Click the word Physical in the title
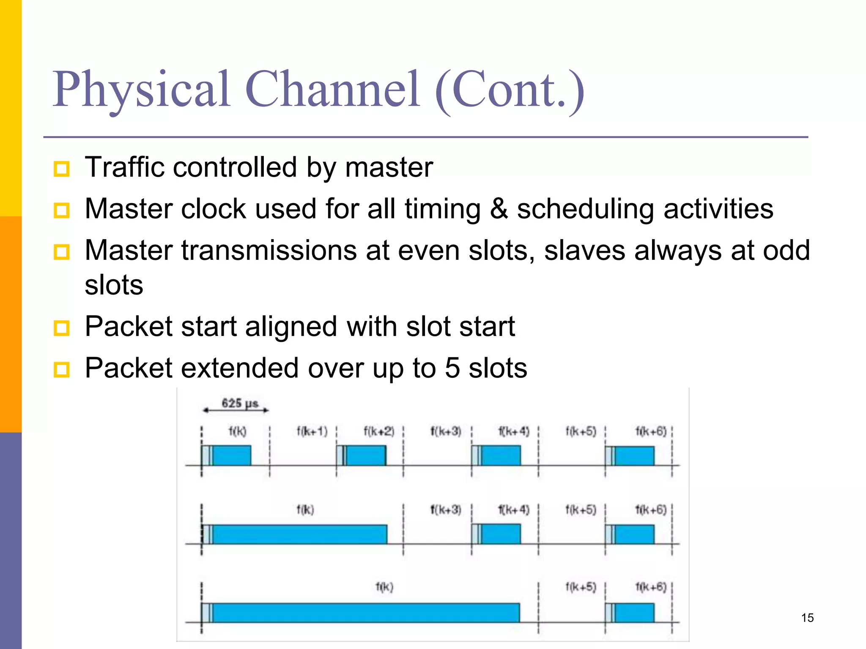click(142, 90)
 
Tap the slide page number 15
click(807, 618)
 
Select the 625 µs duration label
click(240, 403)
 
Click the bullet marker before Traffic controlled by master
click(62, 169)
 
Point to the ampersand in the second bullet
click(499, 209)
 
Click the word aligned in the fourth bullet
click(291, 326)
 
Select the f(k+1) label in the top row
click(312, 431)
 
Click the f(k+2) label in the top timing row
click(379, 431)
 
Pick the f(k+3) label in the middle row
click(446, 510)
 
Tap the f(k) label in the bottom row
click(384, 587)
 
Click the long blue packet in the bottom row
click(364, 613)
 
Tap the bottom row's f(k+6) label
click(651, 587)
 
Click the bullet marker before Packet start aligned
click(62, 328)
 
